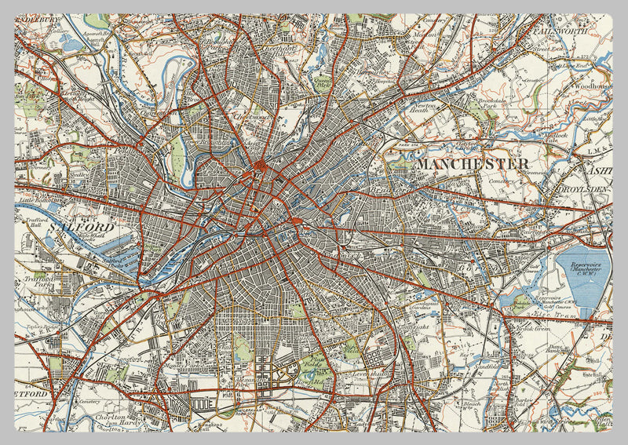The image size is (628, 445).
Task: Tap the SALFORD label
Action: click(x=82, y=227)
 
